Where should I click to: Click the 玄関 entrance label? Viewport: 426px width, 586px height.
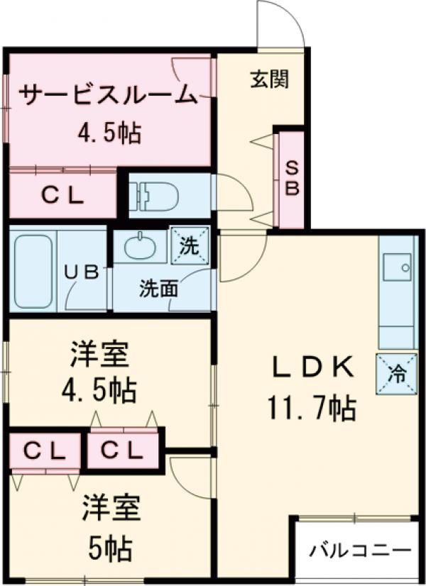(269, 80)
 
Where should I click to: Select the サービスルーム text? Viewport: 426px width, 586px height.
(106, 95)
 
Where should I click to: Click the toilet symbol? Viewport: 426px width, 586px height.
(153, 194)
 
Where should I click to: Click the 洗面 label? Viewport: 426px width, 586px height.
(158, 289)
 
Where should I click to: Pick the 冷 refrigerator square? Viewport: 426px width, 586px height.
(397, 371)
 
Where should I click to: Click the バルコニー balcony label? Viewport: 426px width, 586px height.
(361, 551)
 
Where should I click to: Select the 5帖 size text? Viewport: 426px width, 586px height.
(109, 547)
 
